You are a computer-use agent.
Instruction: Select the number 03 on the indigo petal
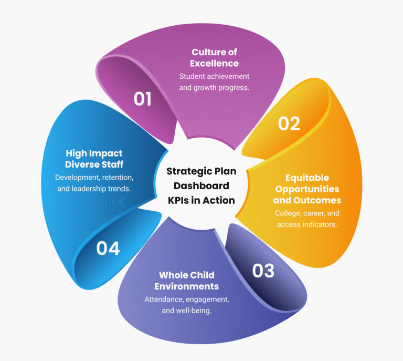click(x=263, y=271)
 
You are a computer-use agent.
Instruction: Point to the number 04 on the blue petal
click(x=108, y=247)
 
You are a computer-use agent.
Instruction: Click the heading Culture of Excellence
click(x=215, y=58)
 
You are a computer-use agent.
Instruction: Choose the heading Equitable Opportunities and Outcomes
click(x=307, y=189)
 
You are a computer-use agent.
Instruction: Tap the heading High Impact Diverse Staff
click(x=94, y=158)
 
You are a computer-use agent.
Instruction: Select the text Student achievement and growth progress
click(x=214, y=82)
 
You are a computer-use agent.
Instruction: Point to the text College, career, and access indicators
click(x=307, y=219)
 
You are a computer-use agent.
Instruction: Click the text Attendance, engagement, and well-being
click(x=187, y=305)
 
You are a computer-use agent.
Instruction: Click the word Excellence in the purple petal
click(x=215, y=64)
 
